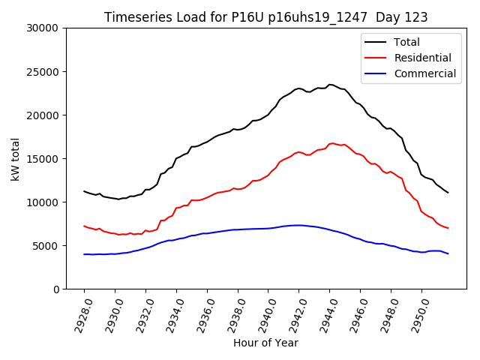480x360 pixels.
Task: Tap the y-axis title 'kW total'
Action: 16,158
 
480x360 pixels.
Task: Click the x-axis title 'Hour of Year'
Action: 265,343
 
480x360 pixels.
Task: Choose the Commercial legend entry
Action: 424,73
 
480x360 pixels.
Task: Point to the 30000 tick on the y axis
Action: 43,28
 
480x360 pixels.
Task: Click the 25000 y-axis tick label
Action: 43,72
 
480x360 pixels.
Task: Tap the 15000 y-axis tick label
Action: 43,159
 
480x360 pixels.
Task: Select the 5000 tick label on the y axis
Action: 46,246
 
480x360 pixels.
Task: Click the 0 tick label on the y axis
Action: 56,289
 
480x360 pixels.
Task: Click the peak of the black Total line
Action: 330,85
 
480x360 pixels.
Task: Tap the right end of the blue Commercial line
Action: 448,253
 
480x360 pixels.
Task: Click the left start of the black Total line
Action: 84,191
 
